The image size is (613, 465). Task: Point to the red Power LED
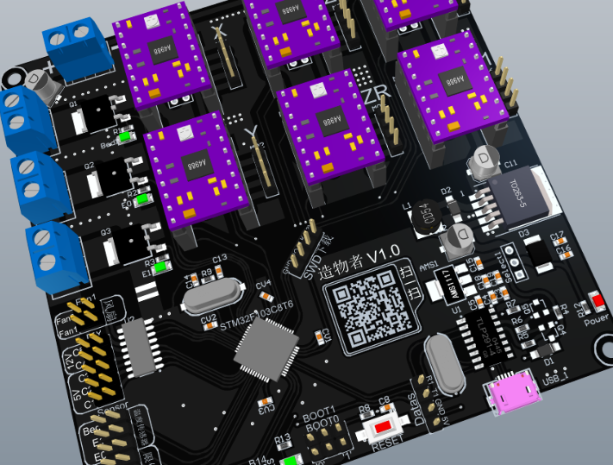[x=596, y=302]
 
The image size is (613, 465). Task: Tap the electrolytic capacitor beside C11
[x=482, y=160]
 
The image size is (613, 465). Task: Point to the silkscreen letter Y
[x=251, y=133]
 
